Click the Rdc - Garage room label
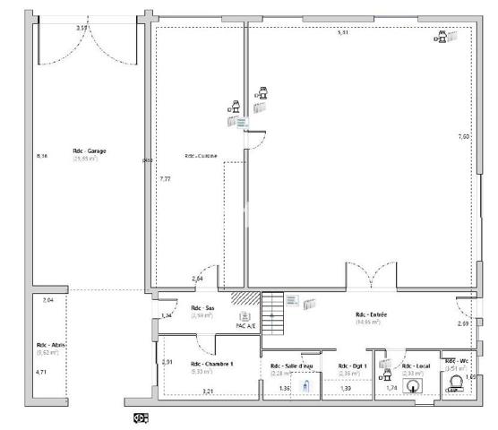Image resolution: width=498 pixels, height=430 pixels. (90, 151)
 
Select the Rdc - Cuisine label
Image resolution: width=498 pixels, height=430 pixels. (202, 155)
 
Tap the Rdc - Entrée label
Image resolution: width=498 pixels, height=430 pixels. (371, 314)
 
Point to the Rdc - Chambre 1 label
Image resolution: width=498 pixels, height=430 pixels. (211, 364)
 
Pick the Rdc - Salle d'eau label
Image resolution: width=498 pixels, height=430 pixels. (292, 365)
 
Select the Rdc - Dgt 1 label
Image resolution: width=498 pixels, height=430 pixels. (349, 365)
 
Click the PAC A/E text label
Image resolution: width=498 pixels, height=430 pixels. (246, 326)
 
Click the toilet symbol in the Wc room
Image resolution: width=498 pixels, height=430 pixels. (454, 385)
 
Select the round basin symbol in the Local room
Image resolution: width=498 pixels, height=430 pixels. (413, 387)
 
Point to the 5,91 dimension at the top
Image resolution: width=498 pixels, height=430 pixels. (342, 33)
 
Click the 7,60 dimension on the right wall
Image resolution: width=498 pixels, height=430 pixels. (463, 136)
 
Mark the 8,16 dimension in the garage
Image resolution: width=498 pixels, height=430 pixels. (41, 156)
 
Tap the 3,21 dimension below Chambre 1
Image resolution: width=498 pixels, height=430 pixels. (208, 391)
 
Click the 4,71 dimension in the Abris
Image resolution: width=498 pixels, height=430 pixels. (40, 371)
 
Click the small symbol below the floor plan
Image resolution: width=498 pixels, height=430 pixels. (141, 417)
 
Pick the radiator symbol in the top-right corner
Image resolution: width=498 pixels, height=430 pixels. (452, 37)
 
